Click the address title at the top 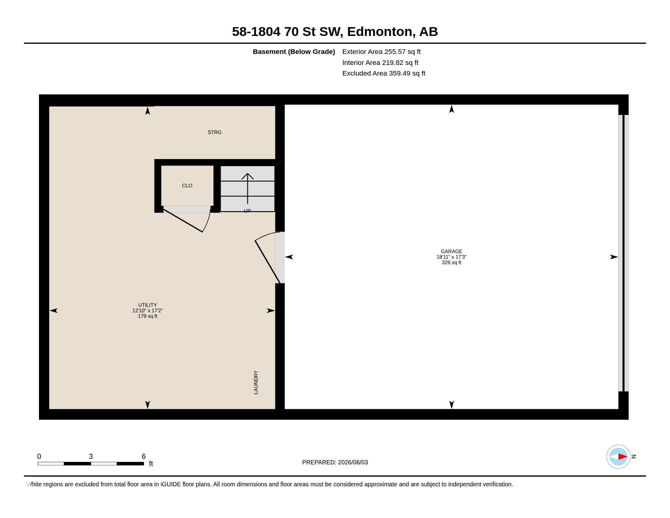click(335, 32)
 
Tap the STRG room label click(214, 132)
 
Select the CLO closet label click(187, 186)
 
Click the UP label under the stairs click(247, 211)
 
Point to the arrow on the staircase click(248, 188)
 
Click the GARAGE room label click(451, 251)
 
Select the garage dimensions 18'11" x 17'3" click(451, 257)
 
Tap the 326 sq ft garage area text click(451, 262)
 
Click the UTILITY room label click(148, 305)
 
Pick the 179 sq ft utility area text click(148, 316)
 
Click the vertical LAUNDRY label click(256, 382)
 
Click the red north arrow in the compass click(622, 457)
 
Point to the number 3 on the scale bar click(91, 456)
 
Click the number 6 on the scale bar click(143, 456)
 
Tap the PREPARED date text click(335, 462)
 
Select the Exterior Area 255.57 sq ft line click(381, 52)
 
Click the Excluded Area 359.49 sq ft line click(384, 73)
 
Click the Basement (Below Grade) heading click(294, 52)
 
